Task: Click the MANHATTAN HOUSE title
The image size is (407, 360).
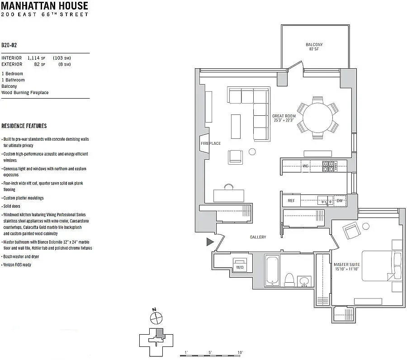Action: pyautogui.click(x=44, y=6)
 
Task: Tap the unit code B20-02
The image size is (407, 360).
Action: pyautogui.click(x=9, y=45)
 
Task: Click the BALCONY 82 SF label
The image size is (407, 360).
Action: pyautogui.click(x=314, y=47)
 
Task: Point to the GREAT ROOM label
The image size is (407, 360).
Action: pyautogui.click(x=284, y=118)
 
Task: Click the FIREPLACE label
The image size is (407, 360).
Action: pyautogui.click(x=211, y=143)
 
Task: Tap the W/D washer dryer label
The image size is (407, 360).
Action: pyautogui.click(x=240, y=267)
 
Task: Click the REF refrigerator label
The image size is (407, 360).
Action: pyautogui.click(x=291, y=201)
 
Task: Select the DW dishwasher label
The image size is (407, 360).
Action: pyautogui.click(x=340, y=201)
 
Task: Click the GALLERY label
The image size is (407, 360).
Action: pyautogui.click(x=258, y=237)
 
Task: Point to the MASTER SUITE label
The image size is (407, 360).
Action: pyautogui.click(x=347, y=267)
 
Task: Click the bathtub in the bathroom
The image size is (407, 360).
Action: pyautogui.click(x=272, y=270)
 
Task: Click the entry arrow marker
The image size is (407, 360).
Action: pyautogui.click(x=210, y=242)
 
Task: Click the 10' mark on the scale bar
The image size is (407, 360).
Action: pyautogui.click(x=240, y=352)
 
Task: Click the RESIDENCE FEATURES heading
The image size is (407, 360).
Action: pyautogui.click(x=24, y=126)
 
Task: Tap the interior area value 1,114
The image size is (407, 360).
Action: pyautogui.click(x=33, y=58)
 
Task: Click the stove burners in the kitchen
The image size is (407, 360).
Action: pyautogui.click(x=329, y=166)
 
